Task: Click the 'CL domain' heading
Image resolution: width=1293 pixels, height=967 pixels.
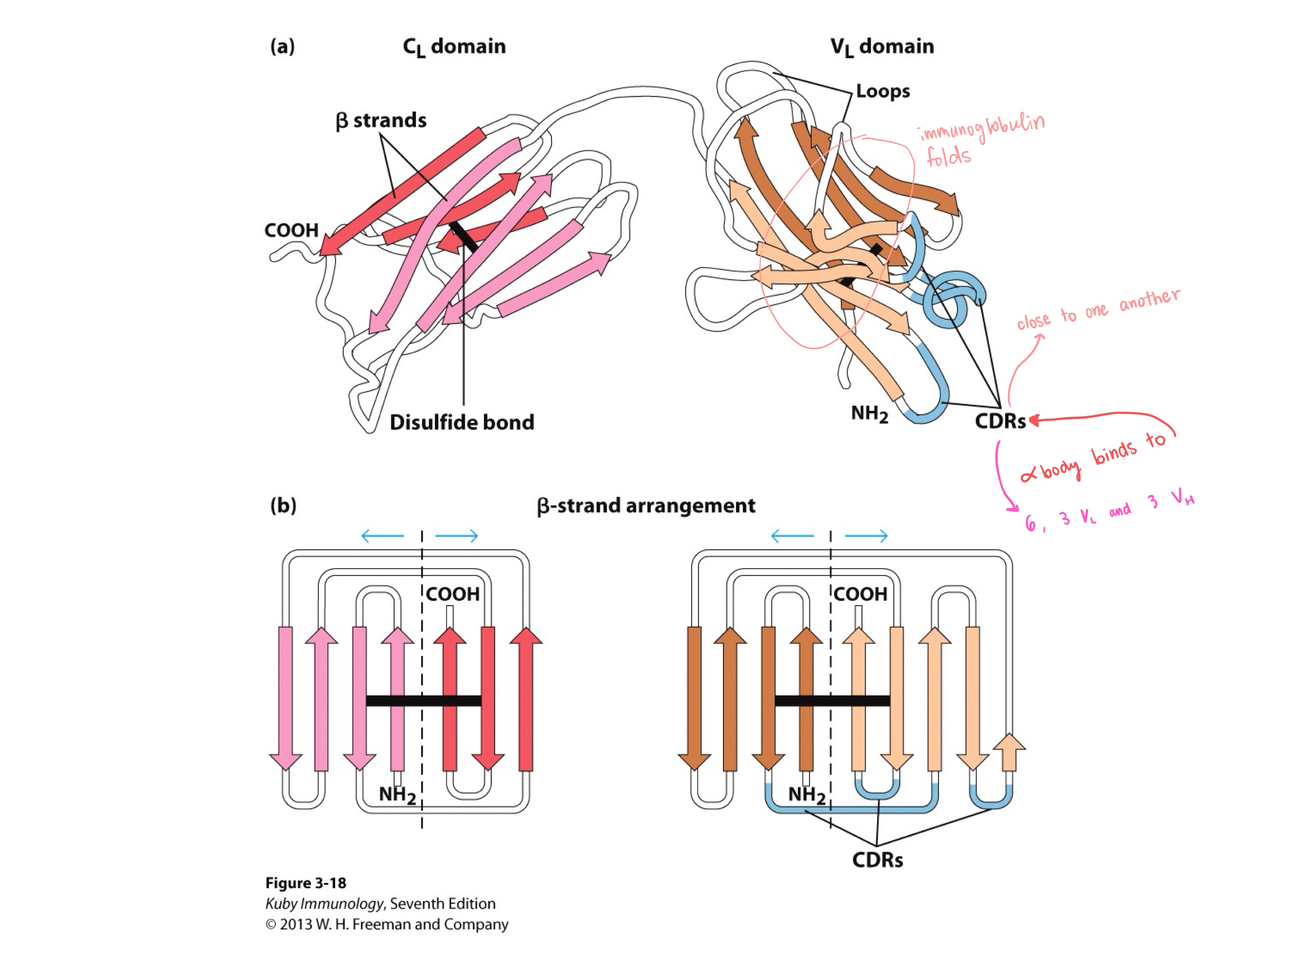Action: [454, 47]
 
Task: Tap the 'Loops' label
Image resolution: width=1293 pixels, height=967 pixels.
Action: [883, 91]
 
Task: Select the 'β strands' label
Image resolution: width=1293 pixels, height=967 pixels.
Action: [381, 120]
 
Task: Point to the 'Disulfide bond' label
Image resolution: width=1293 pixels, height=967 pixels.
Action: [462, 423]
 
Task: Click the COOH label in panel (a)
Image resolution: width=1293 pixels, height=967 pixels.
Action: [291, 230]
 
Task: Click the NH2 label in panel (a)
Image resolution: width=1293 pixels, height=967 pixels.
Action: [869, 414]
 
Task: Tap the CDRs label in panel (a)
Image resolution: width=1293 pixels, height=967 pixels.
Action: [1000, 421]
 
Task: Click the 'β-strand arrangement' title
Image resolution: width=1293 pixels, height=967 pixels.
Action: [646, 505]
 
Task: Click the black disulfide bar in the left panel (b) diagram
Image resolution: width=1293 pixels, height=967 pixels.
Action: [423, 701]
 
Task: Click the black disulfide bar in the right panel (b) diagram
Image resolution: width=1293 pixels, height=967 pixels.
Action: [832, 701]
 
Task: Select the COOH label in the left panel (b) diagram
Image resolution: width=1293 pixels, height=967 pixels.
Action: [453, 594]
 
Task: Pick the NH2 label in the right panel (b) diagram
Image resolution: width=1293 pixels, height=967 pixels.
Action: [806, 795]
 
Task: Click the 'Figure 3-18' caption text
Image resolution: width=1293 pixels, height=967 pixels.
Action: [305, 883]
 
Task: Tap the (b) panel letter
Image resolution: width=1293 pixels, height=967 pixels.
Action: [283, 505]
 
